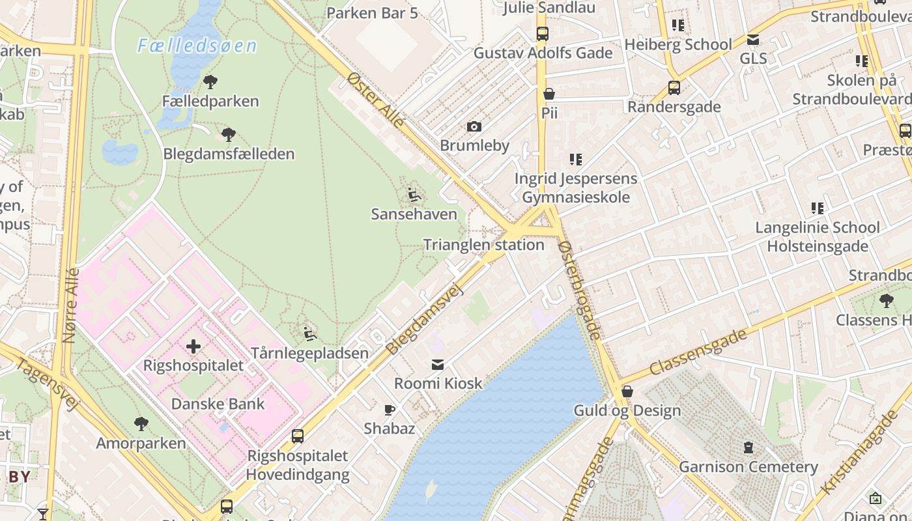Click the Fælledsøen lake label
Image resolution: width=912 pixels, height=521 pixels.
[x=197, y=46]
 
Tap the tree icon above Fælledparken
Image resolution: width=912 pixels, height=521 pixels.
[x=210, y=82]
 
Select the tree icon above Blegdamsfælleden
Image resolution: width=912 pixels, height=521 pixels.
[x=228, y=135]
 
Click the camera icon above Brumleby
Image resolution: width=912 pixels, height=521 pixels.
[x=474, y=126]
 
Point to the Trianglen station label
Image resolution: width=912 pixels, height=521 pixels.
[x=483, y=245]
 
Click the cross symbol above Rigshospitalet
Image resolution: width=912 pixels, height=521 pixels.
[x=193, y=346]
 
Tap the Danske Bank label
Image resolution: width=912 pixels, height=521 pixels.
[x=218, y=404]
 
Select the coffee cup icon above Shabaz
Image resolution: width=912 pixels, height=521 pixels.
[x=390, y=410]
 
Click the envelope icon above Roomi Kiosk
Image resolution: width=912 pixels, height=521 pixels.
[x=438, y=365]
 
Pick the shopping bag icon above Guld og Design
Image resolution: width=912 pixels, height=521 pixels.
[x=627, y=391]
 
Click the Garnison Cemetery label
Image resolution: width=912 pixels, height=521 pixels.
[x=748, y=467]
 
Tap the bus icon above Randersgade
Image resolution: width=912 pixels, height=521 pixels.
[x=674, y=87]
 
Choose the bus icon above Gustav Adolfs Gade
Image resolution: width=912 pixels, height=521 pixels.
[x=542, y=34]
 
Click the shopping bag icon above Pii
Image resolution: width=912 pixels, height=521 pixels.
[x=549, y=94]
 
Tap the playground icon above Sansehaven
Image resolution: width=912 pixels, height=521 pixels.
[x=414, y=195]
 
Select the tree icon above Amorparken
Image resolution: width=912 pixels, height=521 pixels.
[x=141, y=424]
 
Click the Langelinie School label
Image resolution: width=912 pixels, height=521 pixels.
[x=817, y=228]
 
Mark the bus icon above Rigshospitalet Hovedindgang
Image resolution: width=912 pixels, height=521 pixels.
[x=298, y=436]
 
